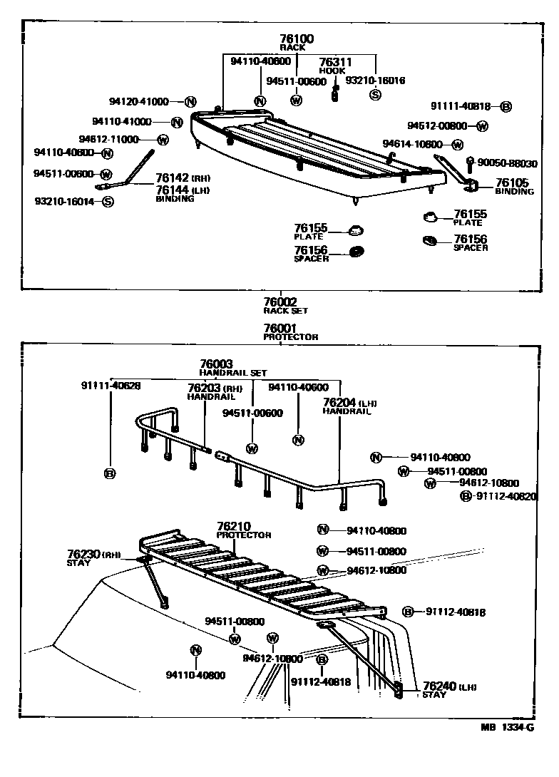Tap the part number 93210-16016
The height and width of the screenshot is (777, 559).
[x=375, y=81]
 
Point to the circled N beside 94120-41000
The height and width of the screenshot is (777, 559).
[x=190, y=102]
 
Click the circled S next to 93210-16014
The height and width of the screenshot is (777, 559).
[x=107, y=202]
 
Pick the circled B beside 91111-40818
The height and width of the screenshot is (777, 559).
[x=506, y=107]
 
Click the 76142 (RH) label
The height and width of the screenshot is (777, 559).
[x=173, y=178]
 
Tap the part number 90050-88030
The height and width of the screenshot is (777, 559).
[x=507, y=163]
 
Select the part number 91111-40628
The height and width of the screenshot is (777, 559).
[x=111, y=386]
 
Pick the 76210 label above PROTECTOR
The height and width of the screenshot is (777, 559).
[x=232, y=526]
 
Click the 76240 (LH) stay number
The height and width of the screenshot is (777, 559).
[x=439, y=686]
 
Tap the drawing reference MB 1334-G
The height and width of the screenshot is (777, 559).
[x=506, y=727]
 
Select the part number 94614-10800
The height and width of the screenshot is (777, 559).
[x=413, y=143]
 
